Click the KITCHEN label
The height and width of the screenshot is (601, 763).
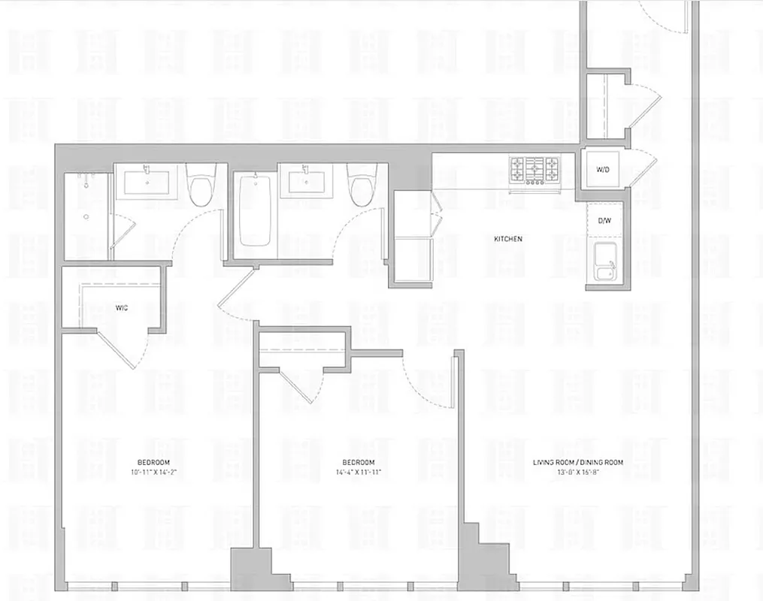tap(507, 239)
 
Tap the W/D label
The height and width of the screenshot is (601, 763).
tap(603, 171)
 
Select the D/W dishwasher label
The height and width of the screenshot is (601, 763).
tap(604, 221)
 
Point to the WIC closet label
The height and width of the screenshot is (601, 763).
tap(121, 307)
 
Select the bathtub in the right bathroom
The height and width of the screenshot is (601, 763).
tap(254, 210)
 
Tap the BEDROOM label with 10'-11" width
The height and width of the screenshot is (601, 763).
tap(153, 462)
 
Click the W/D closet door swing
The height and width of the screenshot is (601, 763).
tap(640, 168)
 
